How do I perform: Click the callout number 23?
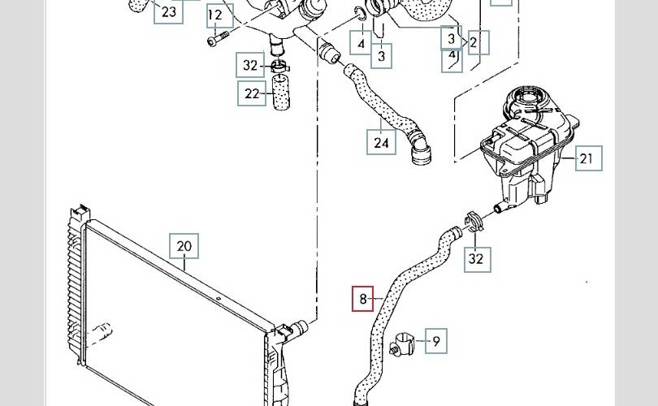tap(168, 11)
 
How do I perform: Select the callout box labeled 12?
tap(215, 15)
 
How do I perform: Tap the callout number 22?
tap(251, 93)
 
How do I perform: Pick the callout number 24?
tap(382, 143)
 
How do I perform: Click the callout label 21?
tap(587, 158)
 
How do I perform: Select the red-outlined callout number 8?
tap(363, 299)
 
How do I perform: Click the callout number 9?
tap(435, 342)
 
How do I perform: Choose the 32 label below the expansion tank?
tap(477, 260)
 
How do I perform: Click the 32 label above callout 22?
tap(251, 65)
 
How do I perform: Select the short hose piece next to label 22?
tap(280, 90)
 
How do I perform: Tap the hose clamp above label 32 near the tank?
tap(472, 221)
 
